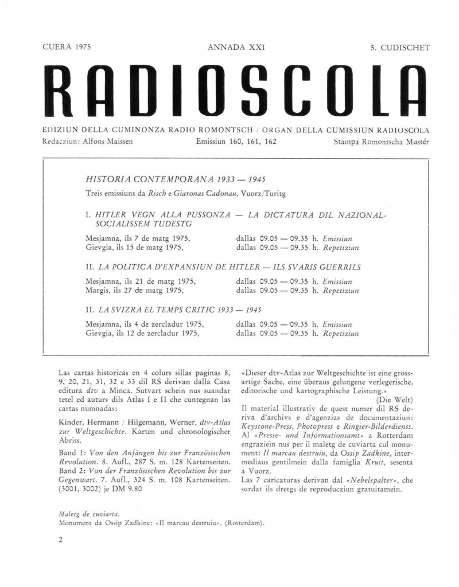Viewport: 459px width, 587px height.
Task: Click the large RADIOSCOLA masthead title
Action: [x=229, y=86]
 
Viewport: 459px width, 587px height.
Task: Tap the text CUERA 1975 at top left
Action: [x=67, y=45]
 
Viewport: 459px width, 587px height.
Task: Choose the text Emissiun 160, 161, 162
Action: [x=236, y=140]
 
